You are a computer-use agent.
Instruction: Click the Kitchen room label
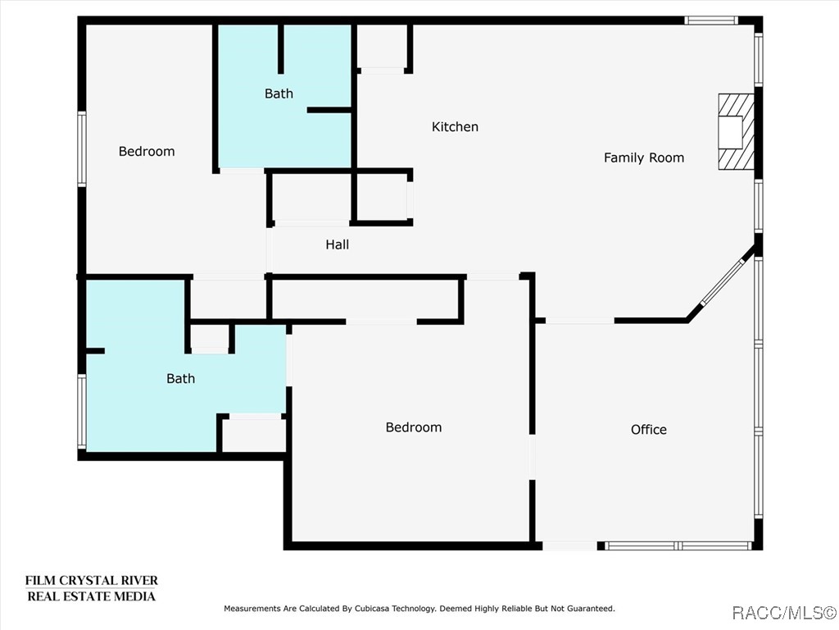click(x=455, y=127)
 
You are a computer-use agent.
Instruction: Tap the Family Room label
click(x=643, y=157)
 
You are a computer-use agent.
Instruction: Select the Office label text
click(x=648, y=429)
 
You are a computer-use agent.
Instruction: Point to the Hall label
click(x=337, y=244)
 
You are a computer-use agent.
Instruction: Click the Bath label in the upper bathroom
click(x=279, y=94)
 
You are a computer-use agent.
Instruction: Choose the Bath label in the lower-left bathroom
click(x=180, y=378)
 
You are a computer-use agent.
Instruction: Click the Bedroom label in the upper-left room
click(x=147, y=151)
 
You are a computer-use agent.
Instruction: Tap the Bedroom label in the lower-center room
click(x=413, y=427)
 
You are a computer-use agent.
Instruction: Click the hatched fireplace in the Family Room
click(x=735, y=131)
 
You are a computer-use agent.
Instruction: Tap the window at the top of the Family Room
click(x=711, y=21)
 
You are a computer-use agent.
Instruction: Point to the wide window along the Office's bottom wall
click(x=678, y=546)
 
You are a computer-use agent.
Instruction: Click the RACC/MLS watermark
click(x=782, y=613)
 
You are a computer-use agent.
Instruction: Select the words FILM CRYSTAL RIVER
click(x=91, y=581)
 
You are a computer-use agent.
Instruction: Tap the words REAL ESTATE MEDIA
click(x=91, y=596)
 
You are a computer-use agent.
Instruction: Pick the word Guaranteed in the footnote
click(x=589, y=609)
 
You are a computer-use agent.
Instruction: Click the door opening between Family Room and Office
click(x=580, y=320)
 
